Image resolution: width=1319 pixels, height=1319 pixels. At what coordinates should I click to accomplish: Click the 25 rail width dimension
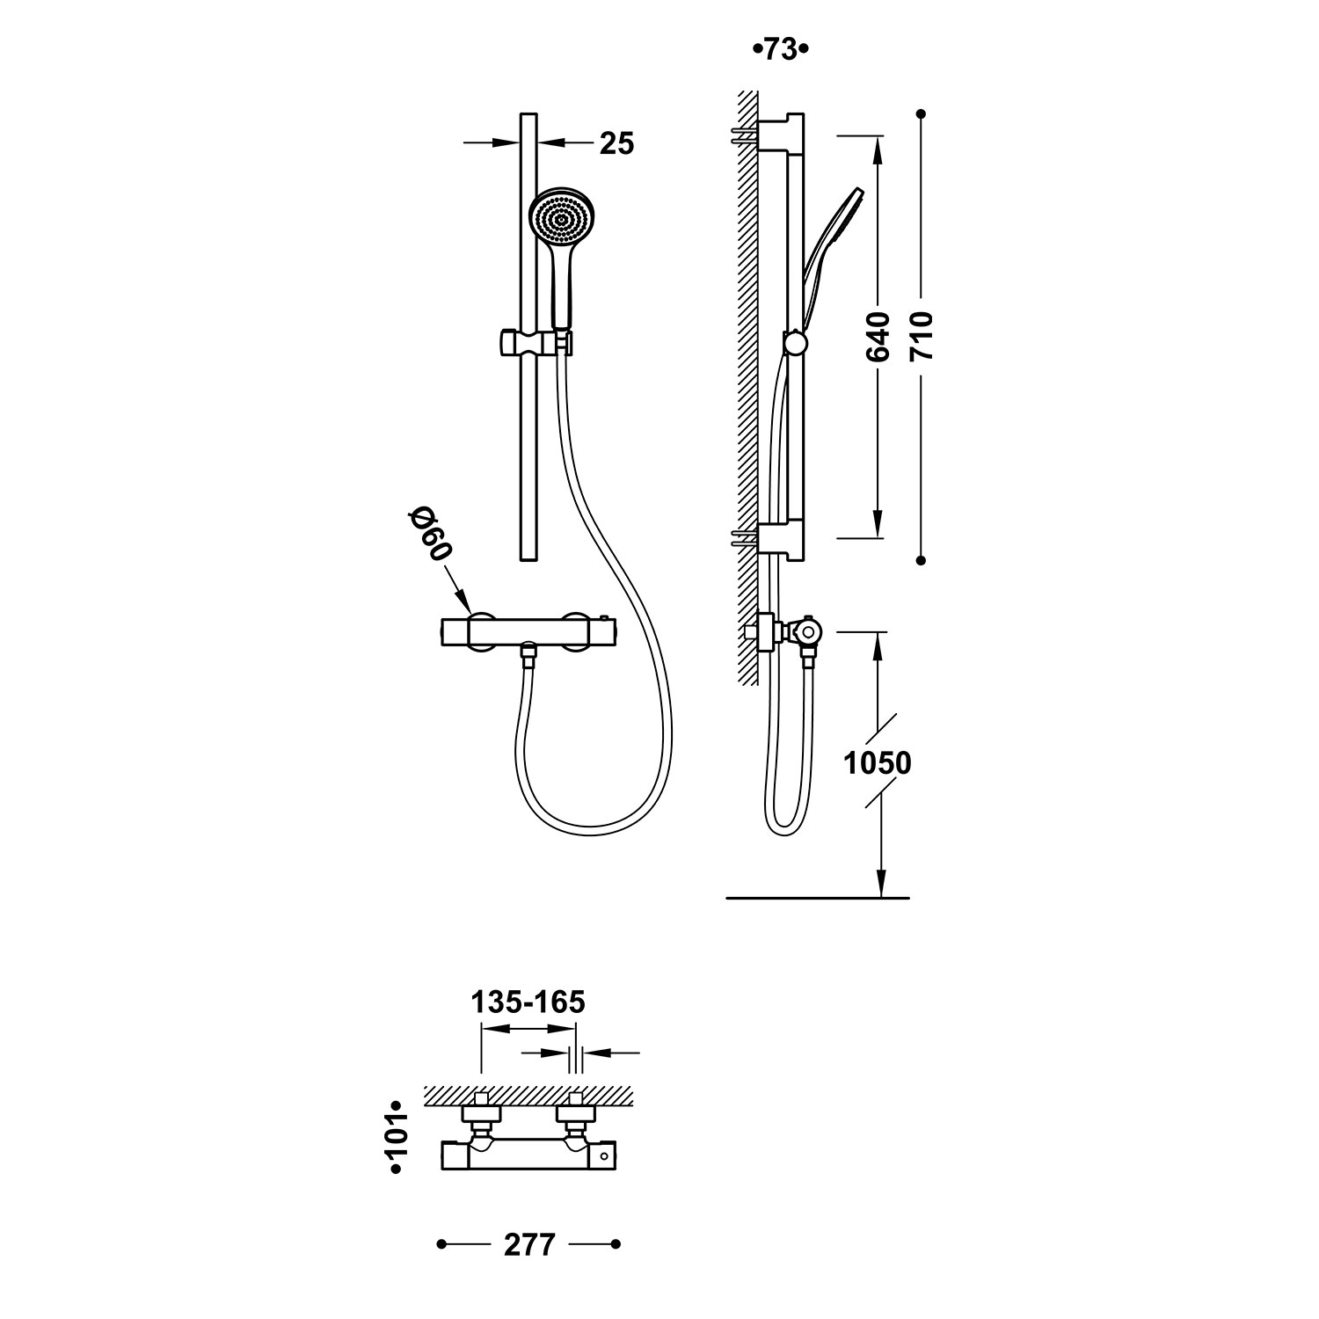point(616,142)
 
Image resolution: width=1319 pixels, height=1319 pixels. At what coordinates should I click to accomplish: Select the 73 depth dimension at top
point(780,50)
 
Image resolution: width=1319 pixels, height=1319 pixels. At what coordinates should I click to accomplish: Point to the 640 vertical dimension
point(878,336)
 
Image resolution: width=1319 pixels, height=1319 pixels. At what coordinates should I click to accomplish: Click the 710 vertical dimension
point(922,336)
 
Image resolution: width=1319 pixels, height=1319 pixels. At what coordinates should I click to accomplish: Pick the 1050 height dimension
point(878,762)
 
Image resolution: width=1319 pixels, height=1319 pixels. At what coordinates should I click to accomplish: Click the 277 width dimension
point(530,1245)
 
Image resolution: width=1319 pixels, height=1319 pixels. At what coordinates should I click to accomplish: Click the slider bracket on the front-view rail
point(535,342)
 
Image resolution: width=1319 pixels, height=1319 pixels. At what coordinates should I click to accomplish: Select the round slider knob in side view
point(796,341)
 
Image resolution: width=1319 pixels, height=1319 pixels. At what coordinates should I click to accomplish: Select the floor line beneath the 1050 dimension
point(818,899)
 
